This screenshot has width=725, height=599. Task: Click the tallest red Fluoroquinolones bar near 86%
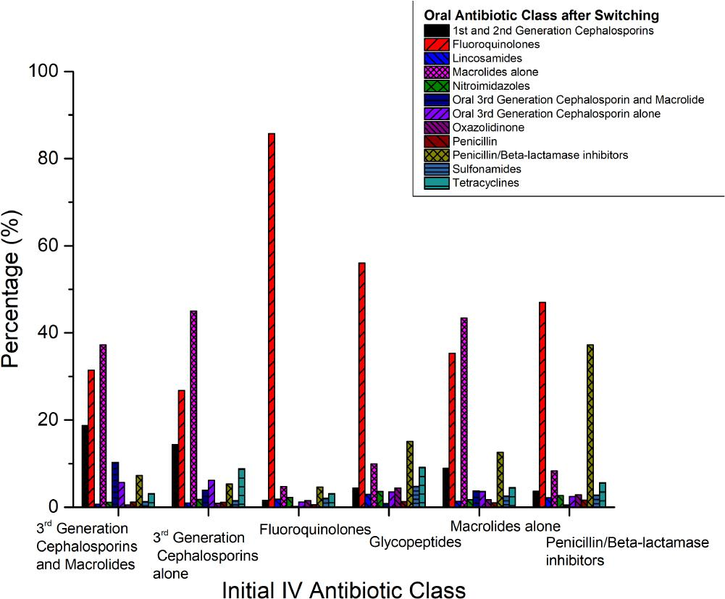point(272,319)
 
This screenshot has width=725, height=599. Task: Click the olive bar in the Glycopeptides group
point(410,474)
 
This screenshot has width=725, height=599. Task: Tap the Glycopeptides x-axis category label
point(415,543)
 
